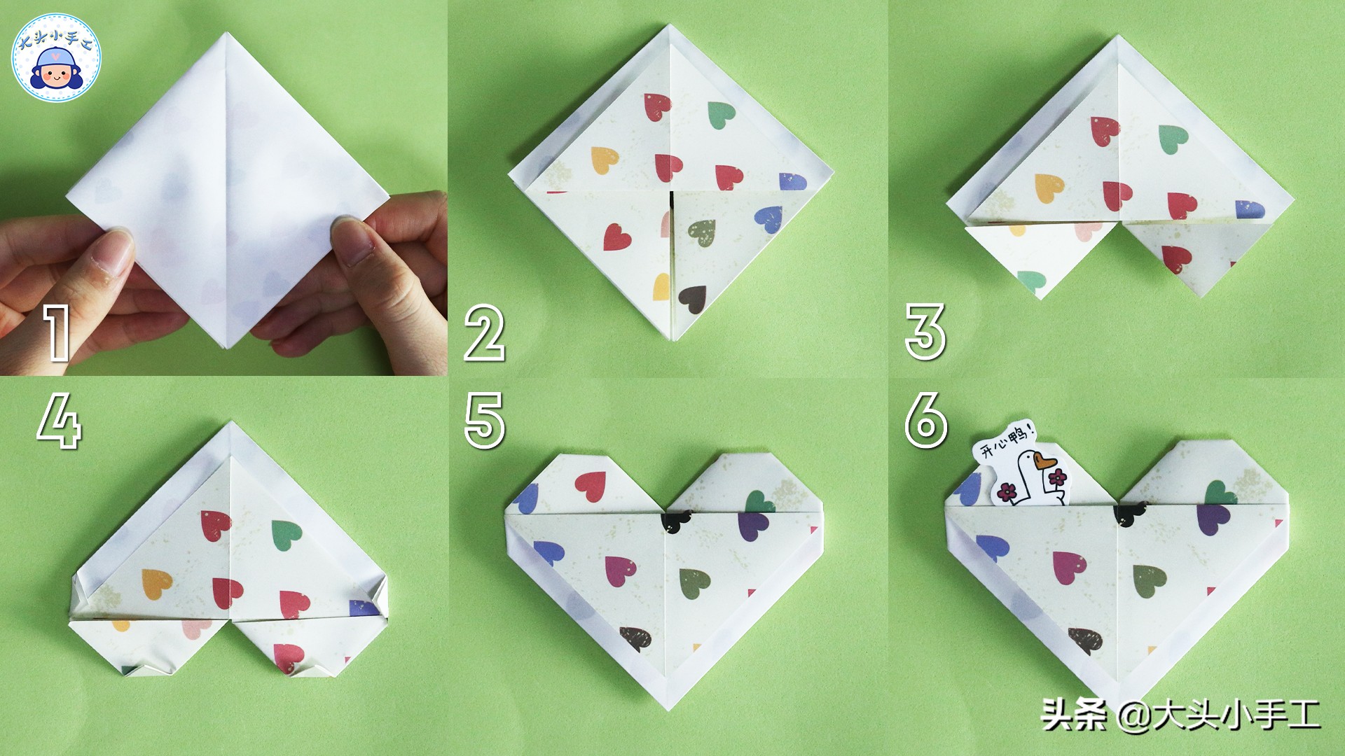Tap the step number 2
coord(485,335)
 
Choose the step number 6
coord(926,420)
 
